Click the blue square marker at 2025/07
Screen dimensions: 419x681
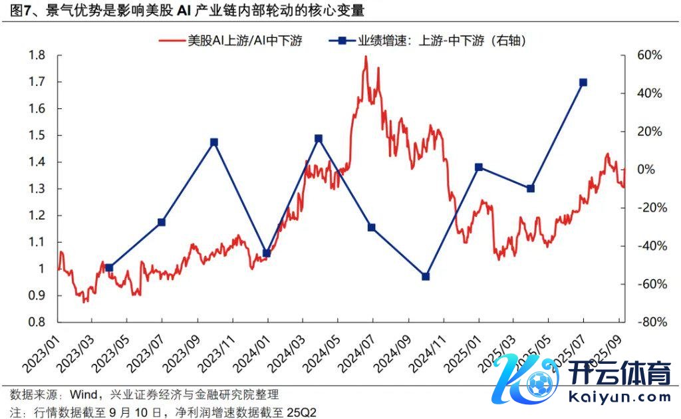pos(583,82)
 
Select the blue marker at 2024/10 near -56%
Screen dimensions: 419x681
pos(426,276)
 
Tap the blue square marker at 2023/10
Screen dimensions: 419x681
pos(214,142)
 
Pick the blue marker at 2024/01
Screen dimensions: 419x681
pos(267,253)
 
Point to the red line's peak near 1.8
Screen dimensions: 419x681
pos(366,57)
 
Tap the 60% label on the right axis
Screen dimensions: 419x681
pos(648,55)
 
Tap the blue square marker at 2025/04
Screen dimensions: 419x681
pos(530,188)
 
